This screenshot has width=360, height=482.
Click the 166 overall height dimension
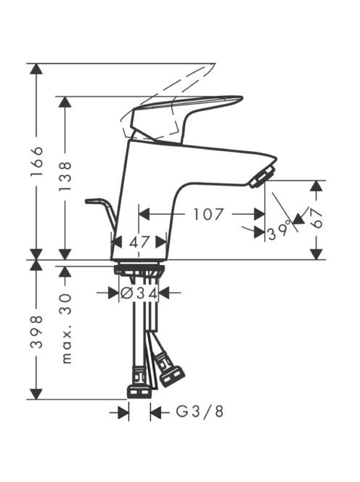coord(36,161)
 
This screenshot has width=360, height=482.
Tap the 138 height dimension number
coord(65,176)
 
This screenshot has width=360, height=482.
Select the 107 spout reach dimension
coord(208,214)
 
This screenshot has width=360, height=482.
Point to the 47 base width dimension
coord(139,242)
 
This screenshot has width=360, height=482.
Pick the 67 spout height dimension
coord(316,218)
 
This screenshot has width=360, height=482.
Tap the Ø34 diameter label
coord(139,293)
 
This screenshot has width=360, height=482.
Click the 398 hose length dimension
coord(36,331)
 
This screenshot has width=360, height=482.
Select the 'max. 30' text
coord(66,329)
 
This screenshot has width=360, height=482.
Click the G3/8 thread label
coord(200,412)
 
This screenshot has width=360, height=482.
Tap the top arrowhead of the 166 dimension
coord(36,69)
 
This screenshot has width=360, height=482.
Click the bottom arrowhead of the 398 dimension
coord(36,394)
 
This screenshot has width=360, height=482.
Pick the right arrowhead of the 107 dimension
coord(259,214)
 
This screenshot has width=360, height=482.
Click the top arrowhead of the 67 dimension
coord(316,187)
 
